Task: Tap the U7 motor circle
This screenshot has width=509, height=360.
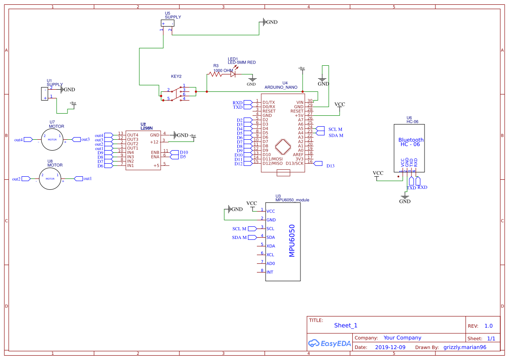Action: tap(52, 140)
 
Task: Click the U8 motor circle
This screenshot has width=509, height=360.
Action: tap(51, 178)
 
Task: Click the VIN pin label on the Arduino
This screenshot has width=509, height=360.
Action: tap(300, 102)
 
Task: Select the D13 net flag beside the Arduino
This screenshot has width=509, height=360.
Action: tap(318, 163)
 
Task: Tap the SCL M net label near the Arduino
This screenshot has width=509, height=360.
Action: tap(335, 129)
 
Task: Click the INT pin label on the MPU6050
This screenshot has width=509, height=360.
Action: tap(270, 272)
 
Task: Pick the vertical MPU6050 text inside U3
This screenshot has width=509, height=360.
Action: tap(292, 240)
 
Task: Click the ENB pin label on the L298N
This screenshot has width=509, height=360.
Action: tap(155, 152)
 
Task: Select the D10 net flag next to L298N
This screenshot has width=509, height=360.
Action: tap(174, 152)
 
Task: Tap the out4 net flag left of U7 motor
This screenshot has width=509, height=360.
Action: tap(27, 140)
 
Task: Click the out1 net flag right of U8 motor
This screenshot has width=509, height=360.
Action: tap(79, 178)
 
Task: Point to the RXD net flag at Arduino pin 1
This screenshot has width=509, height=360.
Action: tap(248, 103)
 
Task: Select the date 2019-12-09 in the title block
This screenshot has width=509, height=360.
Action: tap(390, 347)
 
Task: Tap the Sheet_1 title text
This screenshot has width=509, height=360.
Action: tap(346, 325)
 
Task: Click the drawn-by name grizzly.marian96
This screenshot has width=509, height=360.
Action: tap(465, 347)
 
